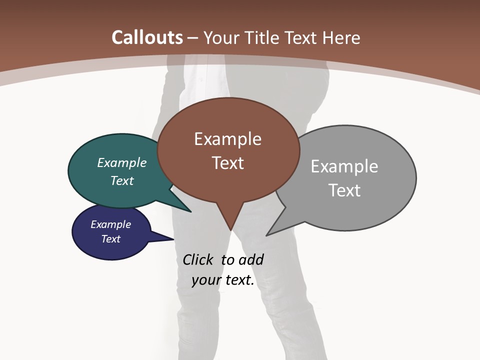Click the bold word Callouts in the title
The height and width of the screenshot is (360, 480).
[x=147, y=37]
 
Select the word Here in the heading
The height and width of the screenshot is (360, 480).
[x=342, y=37]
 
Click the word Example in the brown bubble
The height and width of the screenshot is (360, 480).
[x=227, y=139]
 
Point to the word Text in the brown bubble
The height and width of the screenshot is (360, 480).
[x=227, y=163]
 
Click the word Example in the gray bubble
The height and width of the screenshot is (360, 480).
[x=344, y=166]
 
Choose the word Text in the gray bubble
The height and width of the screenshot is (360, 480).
[x=344, y=190]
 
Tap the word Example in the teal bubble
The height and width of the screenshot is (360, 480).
[x=121, y=163]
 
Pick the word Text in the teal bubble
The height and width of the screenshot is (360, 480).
[x=121, y=180]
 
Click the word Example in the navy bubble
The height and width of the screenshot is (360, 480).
[x=110, y=224]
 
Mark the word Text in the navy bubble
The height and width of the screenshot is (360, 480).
[x=110, y=239]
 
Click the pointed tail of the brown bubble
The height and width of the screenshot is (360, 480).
[x=230, y=225]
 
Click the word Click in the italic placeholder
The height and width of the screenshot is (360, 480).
[x=198, y=260]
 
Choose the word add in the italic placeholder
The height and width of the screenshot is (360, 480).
[x=250, y=260]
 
